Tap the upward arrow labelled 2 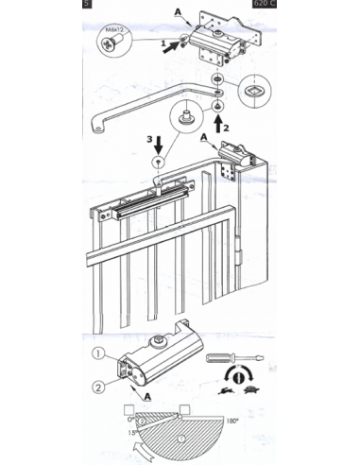[218, 120]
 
